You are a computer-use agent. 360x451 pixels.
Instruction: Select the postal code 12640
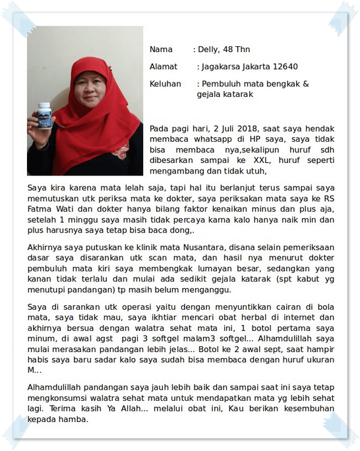[284, 67]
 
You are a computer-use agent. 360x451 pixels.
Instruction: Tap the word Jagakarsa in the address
[219, 67]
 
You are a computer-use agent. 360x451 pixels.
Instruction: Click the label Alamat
[164, 67]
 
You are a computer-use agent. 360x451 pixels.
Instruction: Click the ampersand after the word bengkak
[305, 84]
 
